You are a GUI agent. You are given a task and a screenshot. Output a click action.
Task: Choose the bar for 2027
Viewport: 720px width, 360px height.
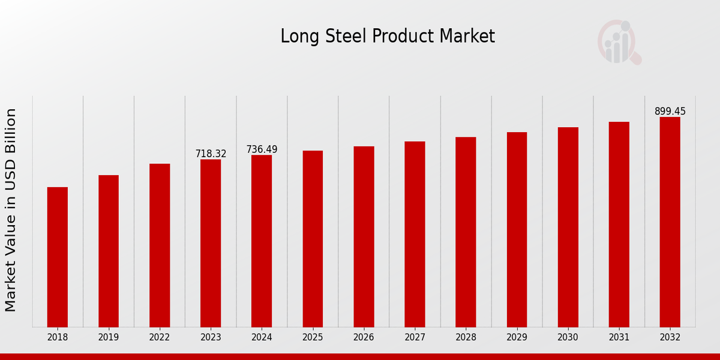click(x=415, y=234)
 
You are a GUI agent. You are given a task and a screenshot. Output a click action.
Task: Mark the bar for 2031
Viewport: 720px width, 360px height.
click(x=619, y=224)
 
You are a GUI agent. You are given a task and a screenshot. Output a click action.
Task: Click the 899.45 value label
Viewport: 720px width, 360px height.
click(x=670, y=112)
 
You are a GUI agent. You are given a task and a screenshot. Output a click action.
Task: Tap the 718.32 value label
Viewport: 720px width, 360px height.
click(x=211, y=154)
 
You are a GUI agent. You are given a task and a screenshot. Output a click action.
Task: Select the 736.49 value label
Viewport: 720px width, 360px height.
click(x=262, y=149)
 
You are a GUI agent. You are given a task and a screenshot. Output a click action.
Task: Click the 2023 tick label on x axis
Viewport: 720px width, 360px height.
click(x=211, y=338)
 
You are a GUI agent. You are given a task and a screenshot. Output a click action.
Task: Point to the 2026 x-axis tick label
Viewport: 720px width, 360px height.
click(x=364, y=338)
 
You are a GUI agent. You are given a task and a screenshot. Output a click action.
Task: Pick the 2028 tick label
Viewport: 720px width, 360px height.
click(x=466, y=338)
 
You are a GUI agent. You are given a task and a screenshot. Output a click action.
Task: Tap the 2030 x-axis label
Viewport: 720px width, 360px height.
click(x=568, y=338)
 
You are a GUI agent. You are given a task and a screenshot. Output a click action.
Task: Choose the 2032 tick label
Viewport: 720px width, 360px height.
click(x=670, y=338)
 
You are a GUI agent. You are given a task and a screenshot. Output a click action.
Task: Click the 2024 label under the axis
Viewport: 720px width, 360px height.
click(x=262, y=338)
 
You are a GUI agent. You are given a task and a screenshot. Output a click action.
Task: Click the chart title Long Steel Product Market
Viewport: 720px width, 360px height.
click(x=388, y=37)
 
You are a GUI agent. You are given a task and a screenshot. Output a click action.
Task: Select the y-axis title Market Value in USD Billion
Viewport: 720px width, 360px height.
click(x=11, y=210)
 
